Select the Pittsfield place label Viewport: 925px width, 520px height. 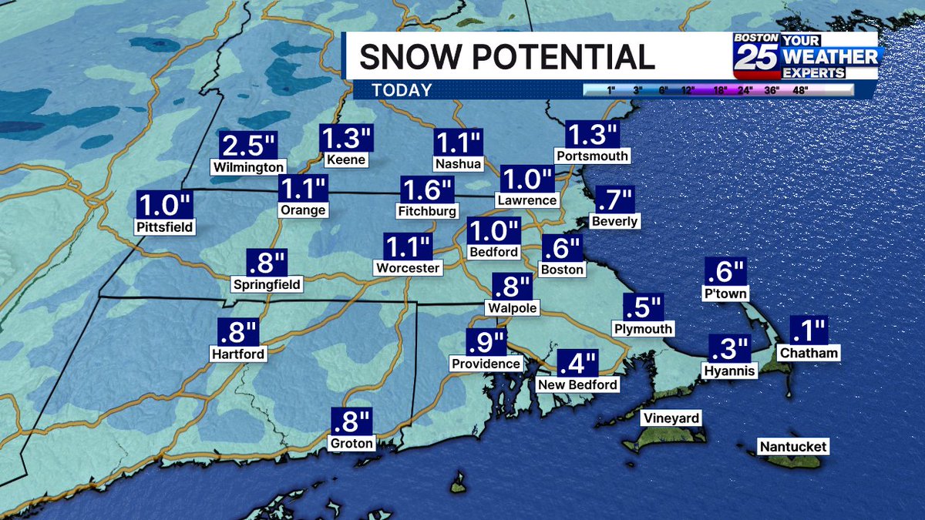[x=163, y=227]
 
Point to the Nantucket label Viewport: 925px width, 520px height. [x=793, y=447]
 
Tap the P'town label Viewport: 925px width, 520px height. [x=725, y=294]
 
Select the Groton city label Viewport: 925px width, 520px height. [x=351, y=443]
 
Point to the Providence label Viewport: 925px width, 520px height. [x=486, y=363]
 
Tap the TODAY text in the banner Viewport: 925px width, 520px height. [x=402, y=90]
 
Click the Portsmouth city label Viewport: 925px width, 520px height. [x=592, y=156]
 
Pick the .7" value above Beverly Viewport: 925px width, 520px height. [x=614, y=201]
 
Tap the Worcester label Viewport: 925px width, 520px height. [x=409, y=268]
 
